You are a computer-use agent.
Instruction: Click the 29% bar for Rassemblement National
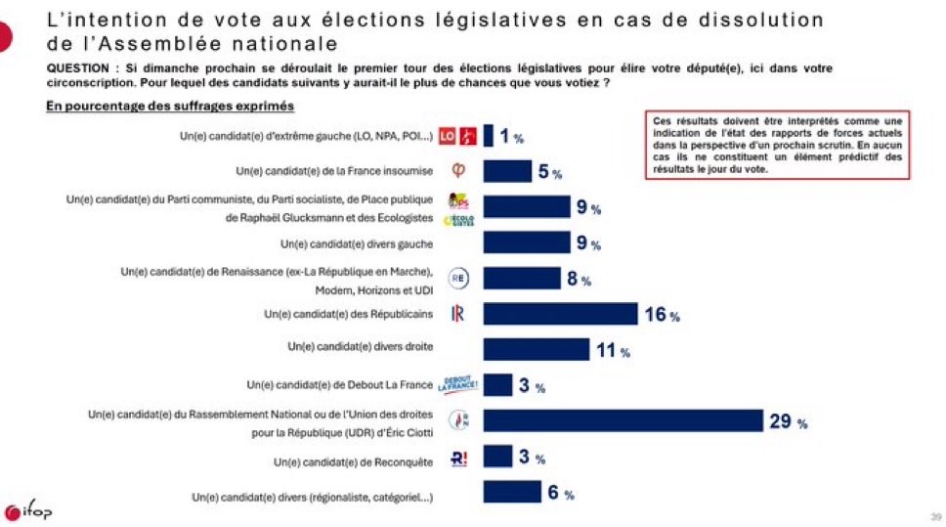[623, 420]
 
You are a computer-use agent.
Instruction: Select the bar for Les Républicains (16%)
[560, 314]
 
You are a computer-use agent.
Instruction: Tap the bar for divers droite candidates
[537, 349]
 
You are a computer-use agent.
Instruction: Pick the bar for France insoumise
[507, 171]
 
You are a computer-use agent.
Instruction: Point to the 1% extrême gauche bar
[488, 135]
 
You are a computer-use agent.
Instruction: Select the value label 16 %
[661, 315]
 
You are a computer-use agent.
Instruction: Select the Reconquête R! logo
[457, 457]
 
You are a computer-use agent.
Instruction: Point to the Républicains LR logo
[457, 314]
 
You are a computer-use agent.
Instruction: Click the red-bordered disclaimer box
[778, 145]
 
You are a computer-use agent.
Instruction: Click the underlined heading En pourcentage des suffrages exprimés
[170, 105]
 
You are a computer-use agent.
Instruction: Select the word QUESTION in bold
[81, 67]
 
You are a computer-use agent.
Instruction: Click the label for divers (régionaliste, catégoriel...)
[312, 497]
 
